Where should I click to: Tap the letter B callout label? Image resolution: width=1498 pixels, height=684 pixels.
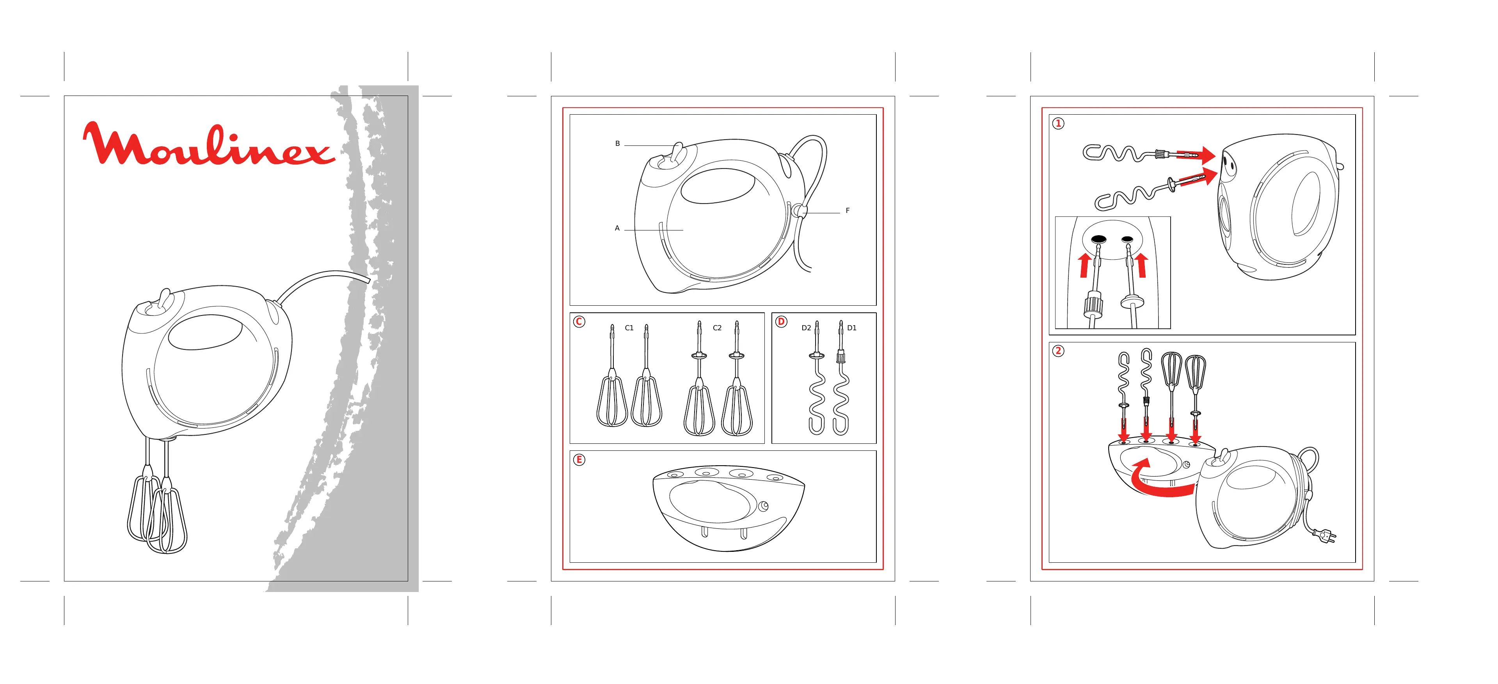pos(618,144)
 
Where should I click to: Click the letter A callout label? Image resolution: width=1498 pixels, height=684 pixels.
pos(617,229)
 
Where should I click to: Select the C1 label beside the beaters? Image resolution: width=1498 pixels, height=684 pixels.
pos(629,328)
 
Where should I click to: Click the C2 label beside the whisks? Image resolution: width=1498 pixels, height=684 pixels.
pos(717,328)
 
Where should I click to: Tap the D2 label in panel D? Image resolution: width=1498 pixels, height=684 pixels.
pos(806,328)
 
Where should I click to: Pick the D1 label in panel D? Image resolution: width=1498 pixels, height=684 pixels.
pos(852,328)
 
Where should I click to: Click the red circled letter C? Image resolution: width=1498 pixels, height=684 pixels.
pos(579,321)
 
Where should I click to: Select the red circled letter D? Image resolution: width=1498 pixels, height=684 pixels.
pos(781,321)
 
